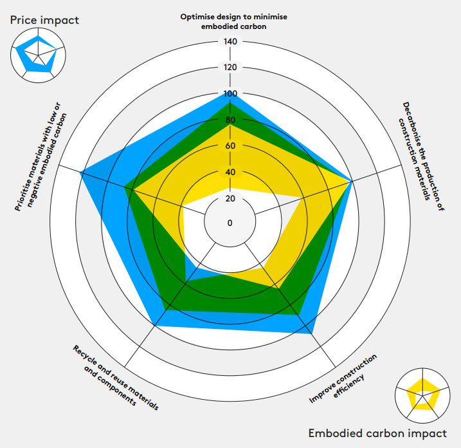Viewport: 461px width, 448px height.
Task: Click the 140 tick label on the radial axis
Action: (230, 42)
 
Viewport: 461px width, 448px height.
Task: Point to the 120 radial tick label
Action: (230, 68)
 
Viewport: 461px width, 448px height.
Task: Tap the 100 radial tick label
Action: (230, 94)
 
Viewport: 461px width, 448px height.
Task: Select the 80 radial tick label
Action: (230, 120)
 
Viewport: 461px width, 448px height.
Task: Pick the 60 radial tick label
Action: (230, 146)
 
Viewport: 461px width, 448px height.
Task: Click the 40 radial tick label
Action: (230, 173)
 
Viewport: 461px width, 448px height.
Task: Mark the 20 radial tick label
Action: (230, 198)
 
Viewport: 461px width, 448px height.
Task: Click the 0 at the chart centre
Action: (230, 223)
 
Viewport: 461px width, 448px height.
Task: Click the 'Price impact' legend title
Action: (44, 20)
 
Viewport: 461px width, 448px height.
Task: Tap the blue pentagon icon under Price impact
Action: (37, 55)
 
